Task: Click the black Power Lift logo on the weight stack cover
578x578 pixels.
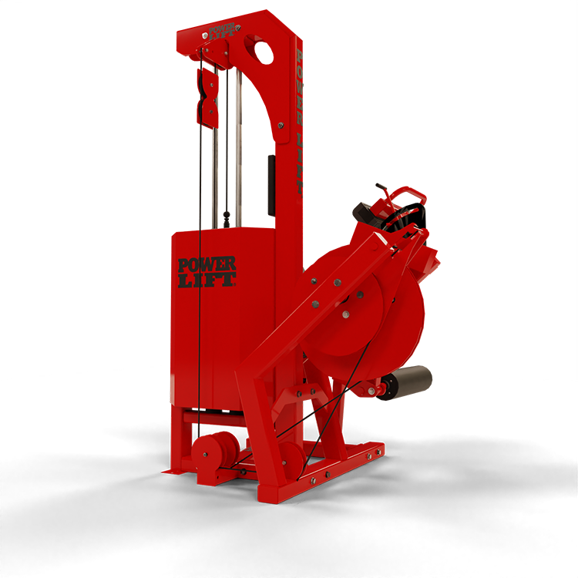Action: point(207,272)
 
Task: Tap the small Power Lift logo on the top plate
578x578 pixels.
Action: point(221,32)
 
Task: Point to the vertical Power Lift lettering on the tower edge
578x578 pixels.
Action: point(299,122)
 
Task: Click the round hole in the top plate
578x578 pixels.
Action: point(264,52)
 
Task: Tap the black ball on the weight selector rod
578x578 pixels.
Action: point(227,214)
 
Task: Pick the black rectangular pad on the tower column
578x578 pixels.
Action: point(272,186)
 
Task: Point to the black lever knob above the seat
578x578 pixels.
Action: point(380,186)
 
